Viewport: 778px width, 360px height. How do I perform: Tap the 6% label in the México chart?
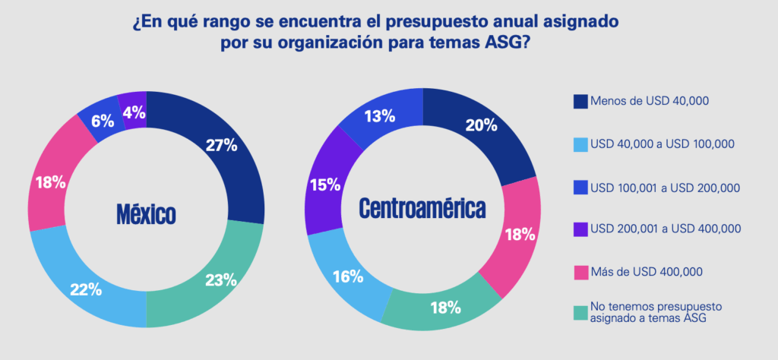103,120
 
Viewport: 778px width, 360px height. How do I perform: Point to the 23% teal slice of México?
221,279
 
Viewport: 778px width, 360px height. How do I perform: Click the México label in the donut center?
146,213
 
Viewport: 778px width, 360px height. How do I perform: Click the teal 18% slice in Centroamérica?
444,307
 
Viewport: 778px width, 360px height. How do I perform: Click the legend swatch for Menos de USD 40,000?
580,101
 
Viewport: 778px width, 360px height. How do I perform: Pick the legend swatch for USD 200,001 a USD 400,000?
580,229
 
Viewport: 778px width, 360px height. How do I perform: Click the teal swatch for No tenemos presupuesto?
580,311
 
